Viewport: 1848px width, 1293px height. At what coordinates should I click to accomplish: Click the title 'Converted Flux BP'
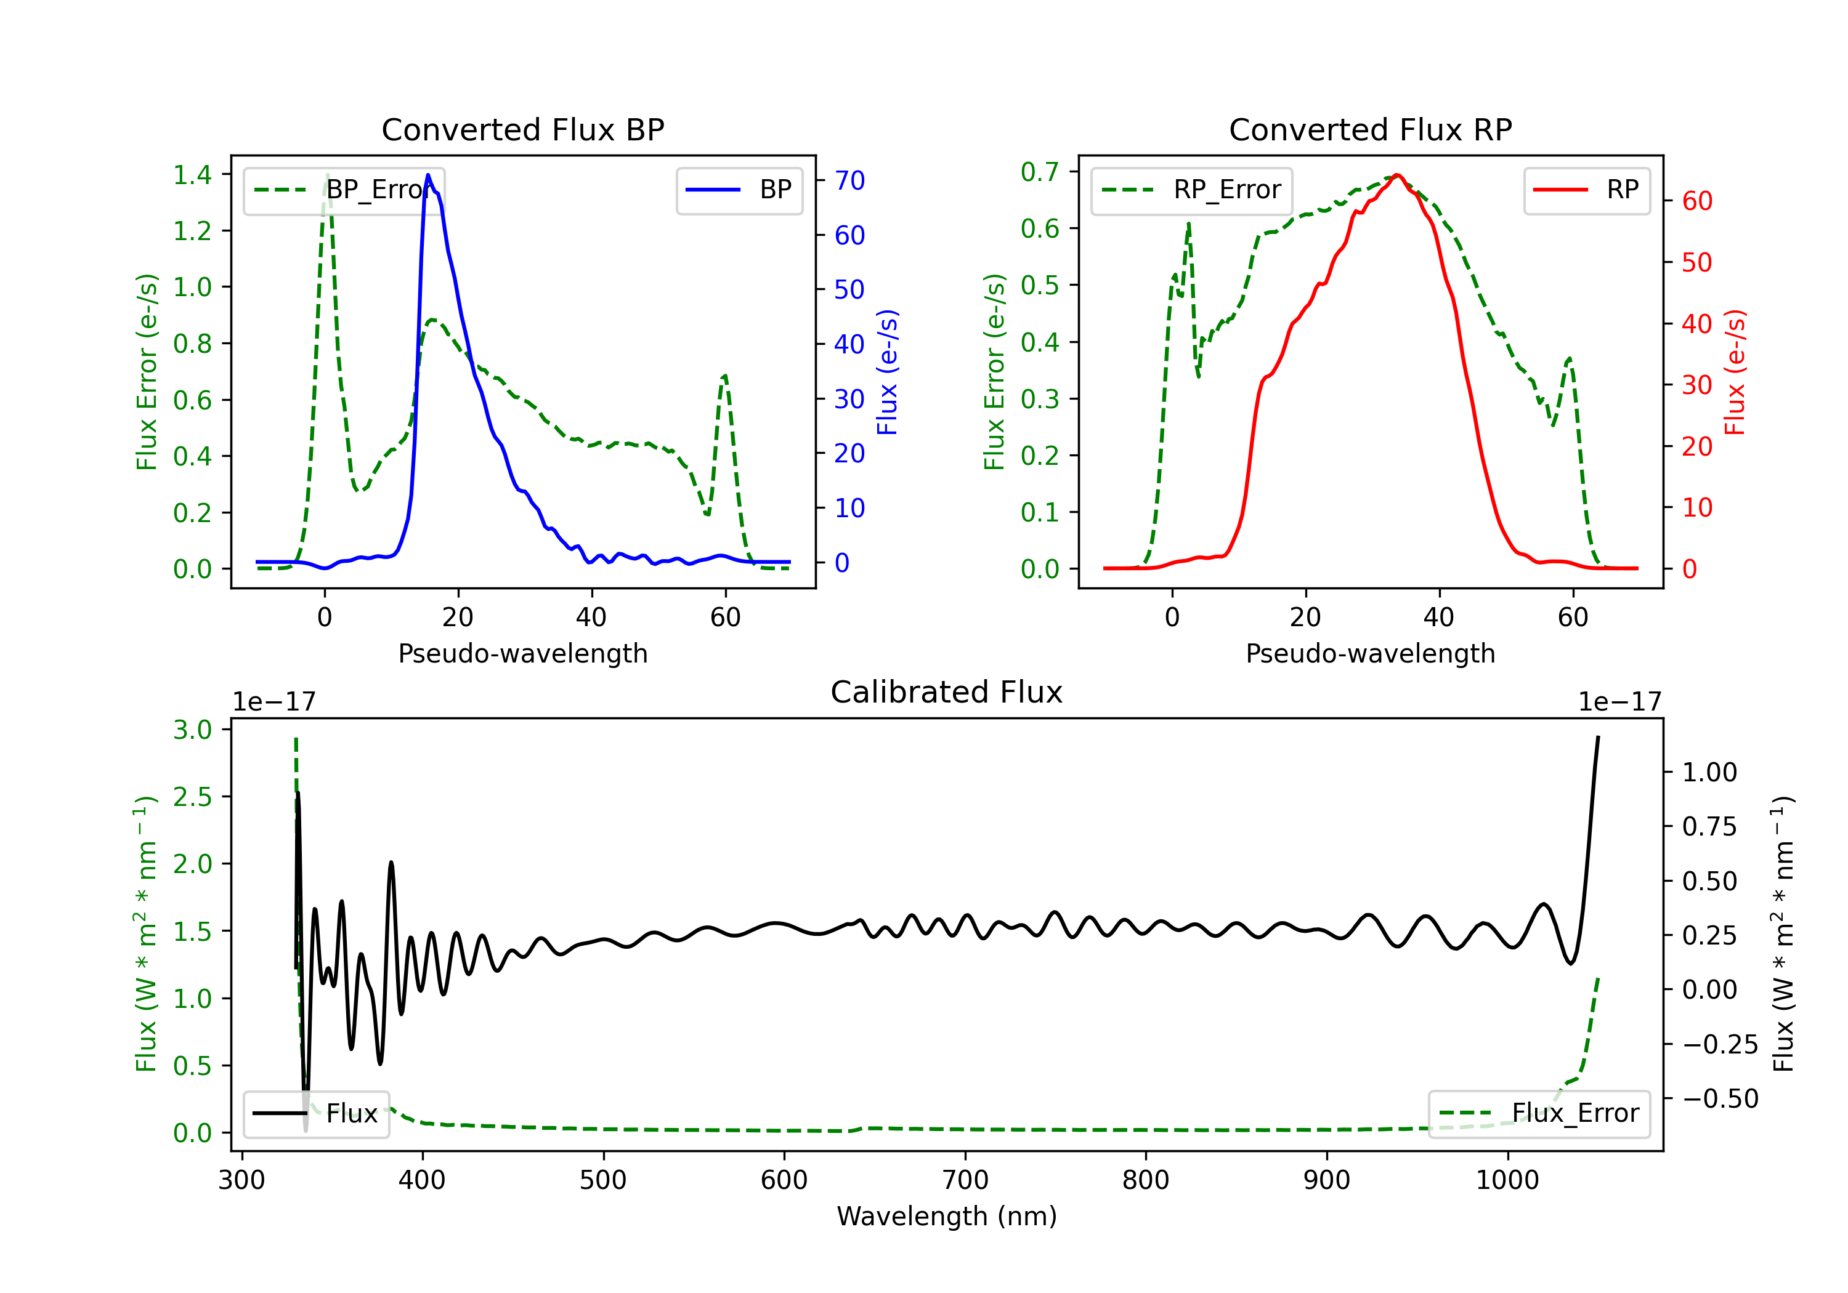pyautogui.click(x=522, y=129)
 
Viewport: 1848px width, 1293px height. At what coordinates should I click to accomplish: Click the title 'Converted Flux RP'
pyautogui.click(x=1370, y=129)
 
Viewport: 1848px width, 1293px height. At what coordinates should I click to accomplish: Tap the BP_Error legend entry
pyautogui.click(x=344, y=190)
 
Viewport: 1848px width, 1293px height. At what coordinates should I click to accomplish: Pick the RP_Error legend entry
pyautogui.click(x=1191, y=190)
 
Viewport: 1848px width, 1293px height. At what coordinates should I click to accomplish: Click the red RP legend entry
pyautogui.click(x=1586, y=190)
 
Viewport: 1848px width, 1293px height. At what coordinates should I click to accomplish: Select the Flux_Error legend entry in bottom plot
pyautogui.click(x=1539, y=1114)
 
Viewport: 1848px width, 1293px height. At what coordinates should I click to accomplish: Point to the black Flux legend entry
pyautogui.click(x=317, y=1114)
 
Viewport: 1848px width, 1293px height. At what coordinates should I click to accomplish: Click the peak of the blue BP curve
pyautogui.click(x=428, y=175)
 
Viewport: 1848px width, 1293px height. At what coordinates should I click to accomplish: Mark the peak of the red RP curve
pyautogui.click(x=1397, y=175)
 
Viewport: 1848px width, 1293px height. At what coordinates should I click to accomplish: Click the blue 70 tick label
pyautogui.click(x=850, y=180)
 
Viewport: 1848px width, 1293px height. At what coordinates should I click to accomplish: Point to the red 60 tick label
pyautogui.click(x=1698, y=201)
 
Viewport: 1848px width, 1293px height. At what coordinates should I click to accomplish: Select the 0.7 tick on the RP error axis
pyautogui.click(x=1040, y=171)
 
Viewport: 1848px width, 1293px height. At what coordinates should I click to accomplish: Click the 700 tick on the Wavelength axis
pyautogui.click(x=965, y=1180)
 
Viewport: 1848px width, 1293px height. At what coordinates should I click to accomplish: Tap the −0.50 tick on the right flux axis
pyautogui.click(x=1720, y=1099)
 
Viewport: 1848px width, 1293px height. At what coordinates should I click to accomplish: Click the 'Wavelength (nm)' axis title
pyautogui.click(x=947, y=1217)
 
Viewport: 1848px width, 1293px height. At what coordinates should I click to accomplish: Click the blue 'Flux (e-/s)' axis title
pyautogui.click(x=887, y=372)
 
